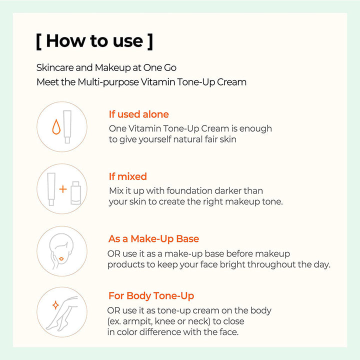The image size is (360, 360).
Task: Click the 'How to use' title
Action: pos(94,41)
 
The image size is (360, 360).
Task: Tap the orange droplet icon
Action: pos(56,126)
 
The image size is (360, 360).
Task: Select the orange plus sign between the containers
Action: pos(63,189)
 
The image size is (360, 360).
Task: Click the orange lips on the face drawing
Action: pos(61,259)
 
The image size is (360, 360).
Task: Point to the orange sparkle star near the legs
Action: pos(55,305)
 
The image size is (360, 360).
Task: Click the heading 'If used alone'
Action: pos(139,114)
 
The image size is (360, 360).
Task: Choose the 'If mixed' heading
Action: pos(128,176)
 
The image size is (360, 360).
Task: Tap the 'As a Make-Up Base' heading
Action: pos(153,239)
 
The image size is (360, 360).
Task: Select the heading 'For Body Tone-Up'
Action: pos(151,296)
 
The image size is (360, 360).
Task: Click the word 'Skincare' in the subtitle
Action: pos(55,67)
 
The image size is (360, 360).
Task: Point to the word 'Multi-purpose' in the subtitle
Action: pos(108,82)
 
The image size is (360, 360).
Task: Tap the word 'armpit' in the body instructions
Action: pos(137,321)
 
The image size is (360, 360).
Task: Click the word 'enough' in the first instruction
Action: pos(255,129)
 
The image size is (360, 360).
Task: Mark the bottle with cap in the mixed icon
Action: pos(76,193)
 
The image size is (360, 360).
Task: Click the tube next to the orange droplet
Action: pos(67,126)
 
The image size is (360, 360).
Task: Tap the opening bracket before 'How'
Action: pos(39,42)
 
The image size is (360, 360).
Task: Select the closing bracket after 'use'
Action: pos(150,42)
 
